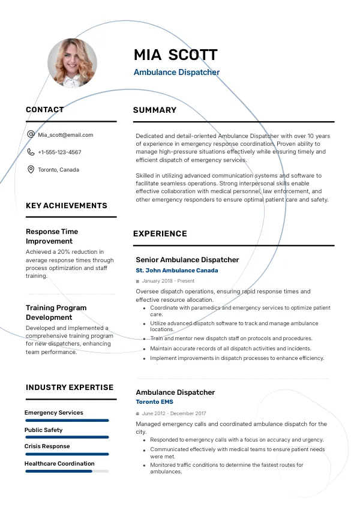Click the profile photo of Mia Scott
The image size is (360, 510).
(72, 63)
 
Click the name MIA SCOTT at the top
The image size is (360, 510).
(175, 55)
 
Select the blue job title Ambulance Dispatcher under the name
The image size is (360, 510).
(176, 73)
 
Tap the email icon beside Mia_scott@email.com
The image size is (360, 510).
(31, 134)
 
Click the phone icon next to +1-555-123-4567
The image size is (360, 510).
(31, 152)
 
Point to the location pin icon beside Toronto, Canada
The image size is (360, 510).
(31, 170)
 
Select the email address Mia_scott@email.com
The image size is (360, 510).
(65, 135)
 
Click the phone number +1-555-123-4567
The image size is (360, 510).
(59, 152)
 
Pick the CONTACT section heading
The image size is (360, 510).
(45, 110)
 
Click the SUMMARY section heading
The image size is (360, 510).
(155, 110)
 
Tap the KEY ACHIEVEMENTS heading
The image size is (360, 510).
(67, 206)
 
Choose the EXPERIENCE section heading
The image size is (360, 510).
(160, 234)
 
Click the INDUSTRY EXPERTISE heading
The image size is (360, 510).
(70, 388)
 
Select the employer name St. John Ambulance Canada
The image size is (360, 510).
(177, 271)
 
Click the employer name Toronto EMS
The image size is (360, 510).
(155, 402)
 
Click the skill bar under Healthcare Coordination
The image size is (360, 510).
(67, 472)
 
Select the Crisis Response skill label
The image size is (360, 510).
(47, 446)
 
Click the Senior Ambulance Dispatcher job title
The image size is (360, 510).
(187, 260)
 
